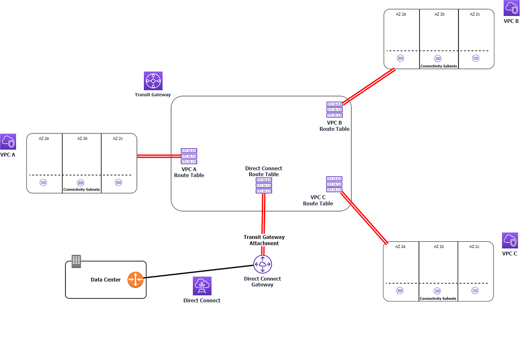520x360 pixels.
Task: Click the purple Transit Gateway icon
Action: (153, 81)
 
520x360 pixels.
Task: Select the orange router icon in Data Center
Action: (135, 279)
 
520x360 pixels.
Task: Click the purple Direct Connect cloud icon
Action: (202, 286)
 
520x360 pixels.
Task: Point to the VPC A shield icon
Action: (8, 142)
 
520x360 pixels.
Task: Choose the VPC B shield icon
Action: (511, 8)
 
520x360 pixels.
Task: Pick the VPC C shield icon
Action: (510, 240)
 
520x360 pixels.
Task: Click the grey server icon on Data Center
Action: (76, 261)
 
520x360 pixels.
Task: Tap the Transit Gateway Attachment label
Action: (264, 240)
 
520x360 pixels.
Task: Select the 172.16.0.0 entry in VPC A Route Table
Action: (189, 151)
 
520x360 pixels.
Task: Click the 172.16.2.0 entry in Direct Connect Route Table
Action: (264, 191)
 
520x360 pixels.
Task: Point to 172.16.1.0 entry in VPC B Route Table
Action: (335, 110)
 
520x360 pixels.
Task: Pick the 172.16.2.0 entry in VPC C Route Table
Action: (335, 190)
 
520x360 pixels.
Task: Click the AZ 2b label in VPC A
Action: (82, 139)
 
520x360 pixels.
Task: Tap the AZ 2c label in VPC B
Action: (475, 14)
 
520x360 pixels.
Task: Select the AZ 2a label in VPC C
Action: (401, 246)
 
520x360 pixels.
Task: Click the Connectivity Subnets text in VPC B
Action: (439, 66)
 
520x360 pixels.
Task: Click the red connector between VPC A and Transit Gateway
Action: (159, 156)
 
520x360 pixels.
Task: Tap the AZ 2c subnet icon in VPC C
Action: (475, 291)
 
